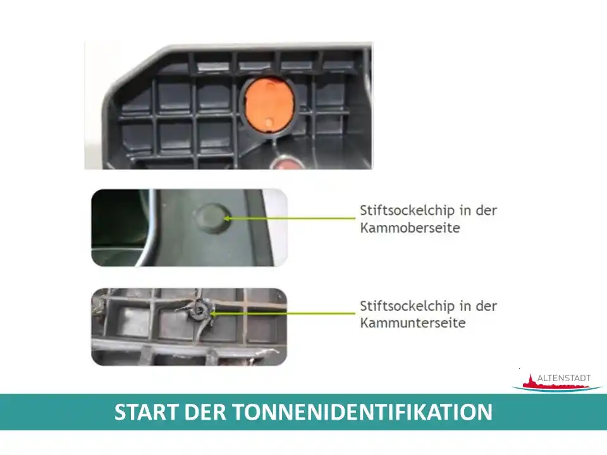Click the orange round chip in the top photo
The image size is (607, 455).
pos(269,105)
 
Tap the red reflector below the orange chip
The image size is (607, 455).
pos(287,163)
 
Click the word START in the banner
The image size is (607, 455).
pos(146,411)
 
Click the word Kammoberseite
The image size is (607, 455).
pos(410,227)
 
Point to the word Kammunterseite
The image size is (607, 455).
pos(413,323)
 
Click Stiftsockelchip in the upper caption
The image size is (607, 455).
pos(407,211)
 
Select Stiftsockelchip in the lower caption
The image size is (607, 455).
pos(407,306)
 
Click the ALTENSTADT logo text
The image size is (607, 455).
pos(564,378)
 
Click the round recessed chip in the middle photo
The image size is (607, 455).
pos(212,218)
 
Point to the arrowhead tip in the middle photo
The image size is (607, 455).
pos(224,218)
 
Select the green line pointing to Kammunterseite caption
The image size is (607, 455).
pos(282,313)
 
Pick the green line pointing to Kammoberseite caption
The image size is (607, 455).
pos(290,218)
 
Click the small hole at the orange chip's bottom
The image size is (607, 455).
pos(269,123)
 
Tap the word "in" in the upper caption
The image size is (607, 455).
pos(465,210)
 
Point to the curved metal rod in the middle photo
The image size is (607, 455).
pos(152,228)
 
